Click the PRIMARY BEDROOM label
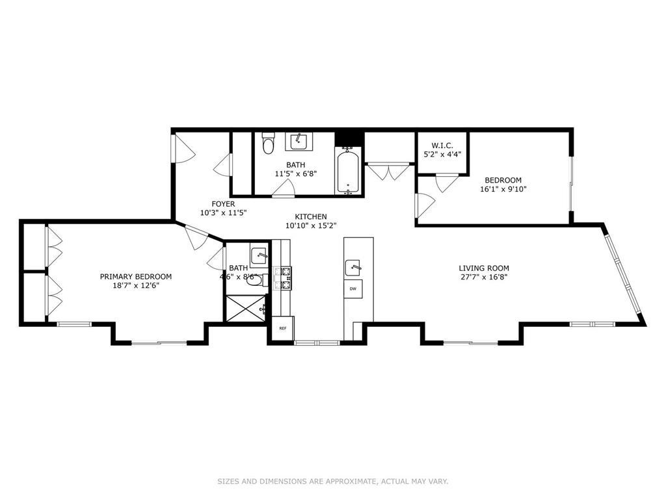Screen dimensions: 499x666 pos(135,276)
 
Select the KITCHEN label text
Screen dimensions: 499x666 pos(311,216)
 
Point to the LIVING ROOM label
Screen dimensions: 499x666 pos(483,268)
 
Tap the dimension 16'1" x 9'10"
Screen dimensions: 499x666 pos(503,189)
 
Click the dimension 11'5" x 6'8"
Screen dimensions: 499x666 pos(295,173)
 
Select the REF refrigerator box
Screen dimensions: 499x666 pos(283,328)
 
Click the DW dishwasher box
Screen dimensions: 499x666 pos(353,288)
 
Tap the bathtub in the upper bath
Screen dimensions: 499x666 pos(349,171)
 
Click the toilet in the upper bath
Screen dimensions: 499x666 pos(267,143)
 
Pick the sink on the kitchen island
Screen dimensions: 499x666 pos(353,265)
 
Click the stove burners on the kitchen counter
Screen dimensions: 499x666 pos(284,277)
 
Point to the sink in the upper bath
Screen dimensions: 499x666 pos(299,140)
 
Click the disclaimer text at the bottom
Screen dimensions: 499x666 pos(332,481)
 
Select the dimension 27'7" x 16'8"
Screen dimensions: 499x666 pos(483,277)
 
